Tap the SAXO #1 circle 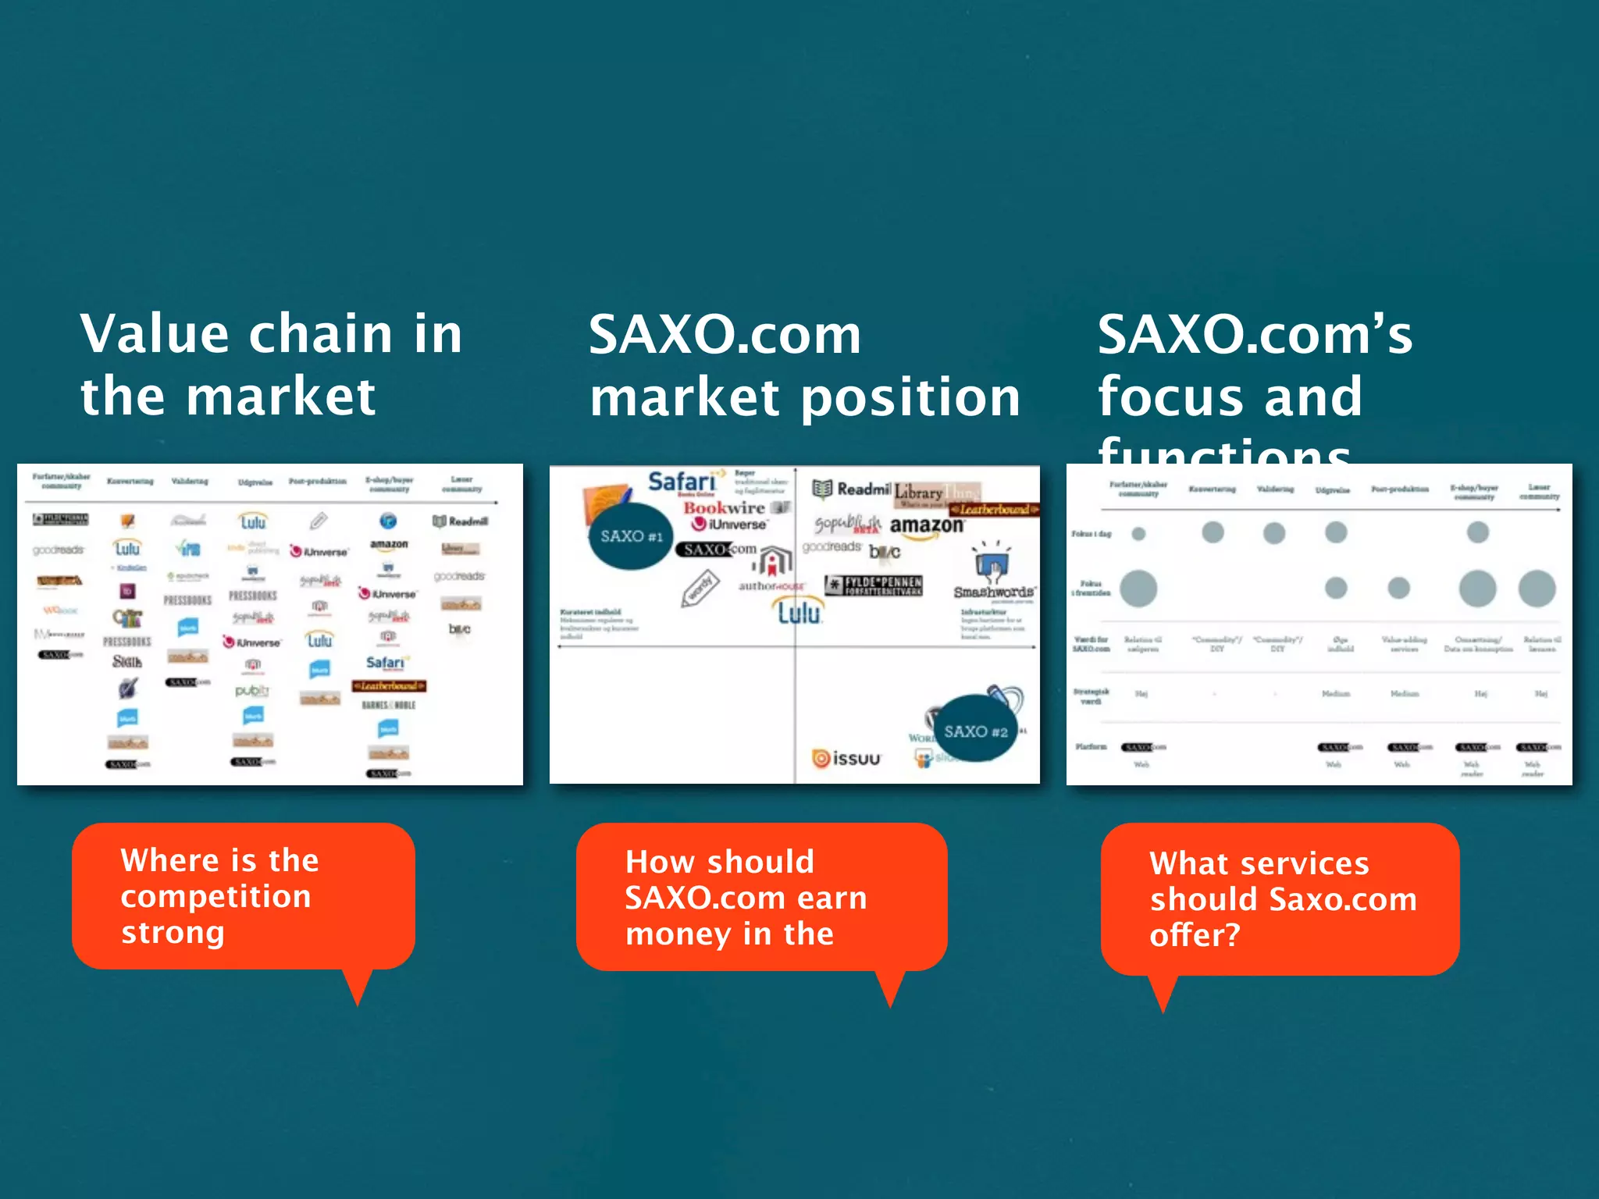pos(631,536)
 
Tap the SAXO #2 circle pos(975,731)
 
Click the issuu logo pos(846,758)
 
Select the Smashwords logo pos(993,592)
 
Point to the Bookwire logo pos(724,508)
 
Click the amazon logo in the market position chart pos(926,525)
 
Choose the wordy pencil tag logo pos(700,589)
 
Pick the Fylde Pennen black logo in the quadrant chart pos(874,585)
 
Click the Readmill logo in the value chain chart pos(461,521)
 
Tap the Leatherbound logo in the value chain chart pos(388,685)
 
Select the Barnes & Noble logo pos(388,705)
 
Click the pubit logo pos(251,691)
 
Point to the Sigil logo pos(126,662)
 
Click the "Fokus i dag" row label pos(1091,534)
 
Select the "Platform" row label pos(1090,747)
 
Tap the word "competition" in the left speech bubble pos(215,896)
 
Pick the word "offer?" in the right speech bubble pos(1194,934)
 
